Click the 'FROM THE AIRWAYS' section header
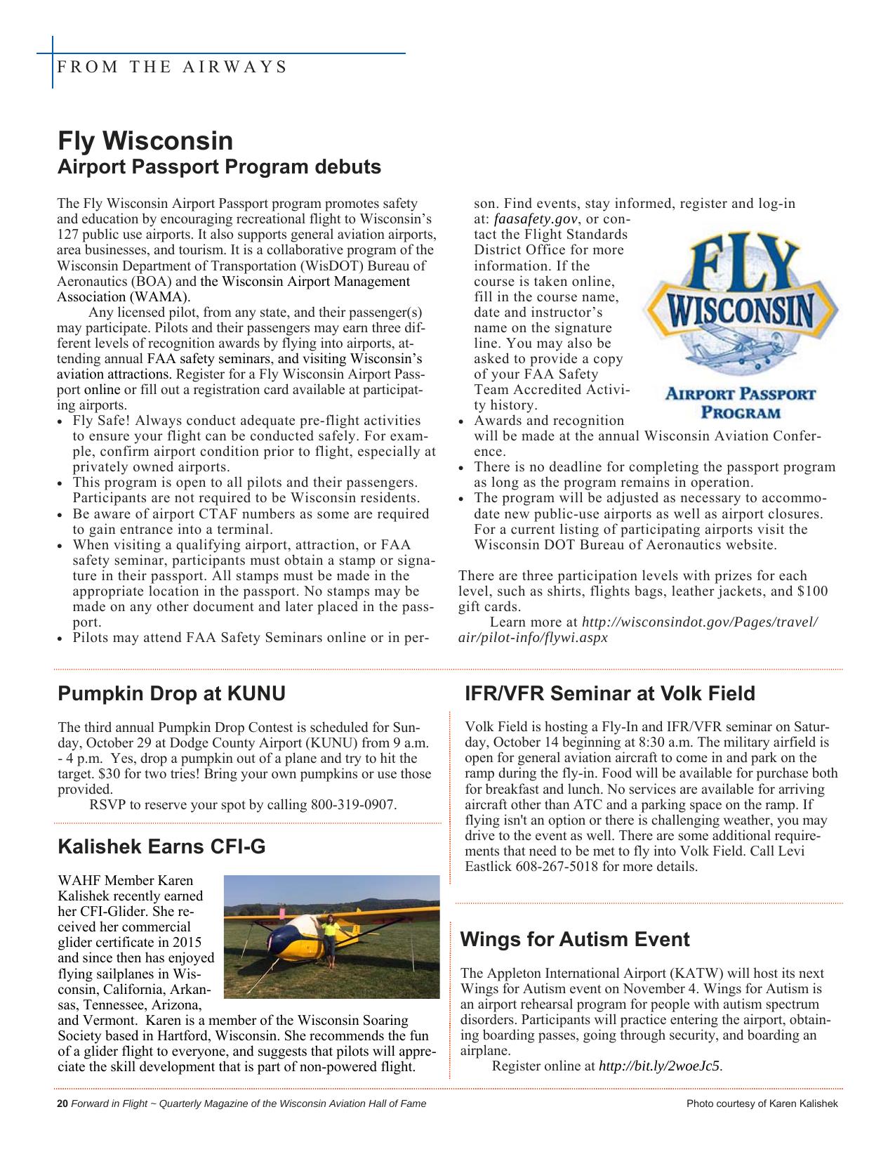172,67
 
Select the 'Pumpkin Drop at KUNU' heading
171,694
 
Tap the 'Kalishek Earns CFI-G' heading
161,846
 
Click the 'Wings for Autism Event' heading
575,940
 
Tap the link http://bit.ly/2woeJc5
659,1066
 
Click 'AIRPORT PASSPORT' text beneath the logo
741,394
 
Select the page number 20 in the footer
62,1104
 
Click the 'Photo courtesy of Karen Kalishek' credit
762,1104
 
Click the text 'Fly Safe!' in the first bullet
101,421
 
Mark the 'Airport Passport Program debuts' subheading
219,167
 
